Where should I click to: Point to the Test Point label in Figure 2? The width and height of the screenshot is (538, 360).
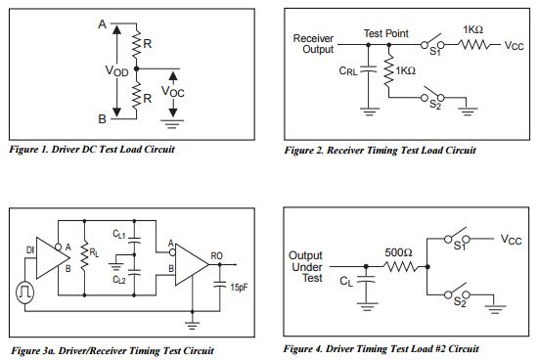386,33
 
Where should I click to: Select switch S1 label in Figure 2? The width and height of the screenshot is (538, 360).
436,52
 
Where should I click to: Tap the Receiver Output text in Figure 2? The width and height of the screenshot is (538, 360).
315,44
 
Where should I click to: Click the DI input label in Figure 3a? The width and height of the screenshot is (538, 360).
29,251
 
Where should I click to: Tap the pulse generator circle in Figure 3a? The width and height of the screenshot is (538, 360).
24,291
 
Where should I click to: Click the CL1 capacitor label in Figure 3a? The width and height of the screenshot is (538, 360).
117,235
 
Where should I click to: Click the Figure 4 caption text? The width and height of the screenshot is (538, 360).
381,348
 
